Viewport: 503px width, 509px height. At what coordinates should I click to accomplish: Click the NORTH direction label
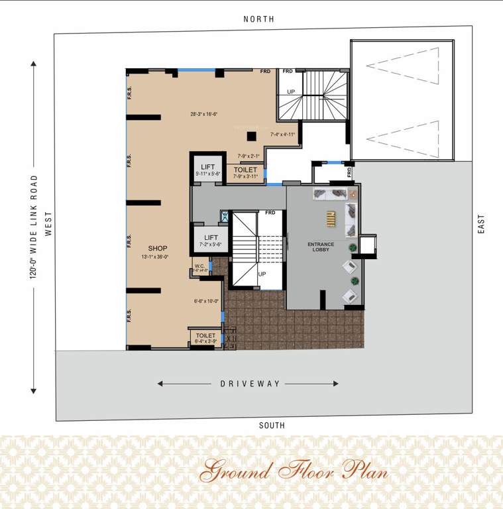tap(258, 19)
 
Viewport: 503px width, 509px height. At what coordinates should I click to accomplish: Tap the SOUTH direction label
tap(272, 425)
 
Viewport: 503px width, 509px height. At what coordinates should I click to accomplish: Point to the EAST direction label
tap(482, 223)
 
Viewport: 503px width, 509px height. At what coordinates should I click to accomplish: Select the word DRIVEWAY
tap(251, 384)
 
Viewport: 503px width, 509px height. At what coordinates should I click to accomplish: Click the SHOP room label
tap(158, 249)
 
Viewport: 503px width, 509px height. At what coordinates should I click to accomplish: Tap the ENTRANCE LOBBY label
tap(321, 248)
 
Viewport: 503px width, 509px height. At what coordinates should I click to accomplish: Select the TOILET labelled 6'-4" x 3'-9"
tap(205, 336)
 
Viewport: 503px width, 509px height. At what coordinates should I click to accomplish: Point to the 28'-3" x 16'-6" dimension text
tap(204, 114)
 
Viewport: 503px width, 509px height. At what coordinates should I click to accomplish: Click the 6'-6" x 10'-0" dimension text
tap(206, 301)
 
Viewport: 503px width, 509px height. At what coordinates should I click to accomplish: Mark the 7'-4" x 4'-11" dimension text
tap(282, 135)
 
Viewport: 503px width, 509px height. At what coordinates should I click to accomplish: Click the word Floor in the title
tap(306, 471)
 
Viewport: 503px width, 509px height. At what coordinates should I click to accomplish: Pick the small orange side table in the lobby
tap(353, 194)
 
